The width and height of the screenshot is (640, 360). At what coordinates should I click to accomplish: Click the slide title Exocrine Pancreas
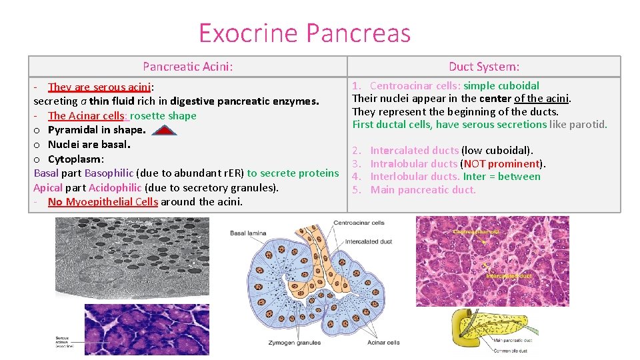click(x=305, y=33)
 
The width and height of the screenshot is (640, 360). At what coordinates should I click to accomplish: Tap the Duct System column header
click(x=483, y=66)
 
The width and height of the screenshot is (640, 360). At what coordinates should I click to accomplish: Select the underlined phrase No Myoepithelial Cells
click(x=103, y=202)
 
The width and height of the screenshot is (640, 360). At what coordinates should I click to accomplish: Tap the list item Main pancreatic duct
click(x=423, y=190)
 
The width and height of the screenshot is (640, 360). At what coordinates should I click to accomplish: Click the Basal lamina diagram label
click(x=248, y=233)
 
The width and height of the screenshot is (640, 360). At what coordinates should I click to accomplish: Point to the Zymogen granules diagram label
click(x=294, y=343)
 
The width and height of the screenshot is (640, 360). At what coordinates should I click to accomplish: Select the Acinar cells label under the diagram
click(x=383, y=343)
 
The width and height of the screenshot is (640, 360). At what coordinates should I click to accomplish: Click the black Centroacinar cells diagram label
click(x=358, y=223)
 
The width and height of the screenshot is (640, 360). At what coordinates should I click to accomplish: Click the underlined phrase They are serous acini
click(x=100, y=87)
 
